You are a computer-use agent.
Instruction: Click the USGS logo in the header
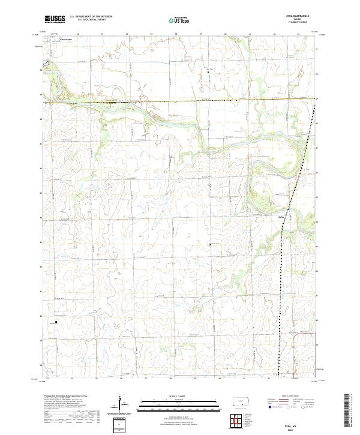[x=55, y=19]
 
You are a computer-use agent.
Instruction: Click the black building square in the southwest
[x=56, y=322]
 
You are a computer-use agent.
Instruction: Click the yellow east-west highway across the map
[x=180, y=100]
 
